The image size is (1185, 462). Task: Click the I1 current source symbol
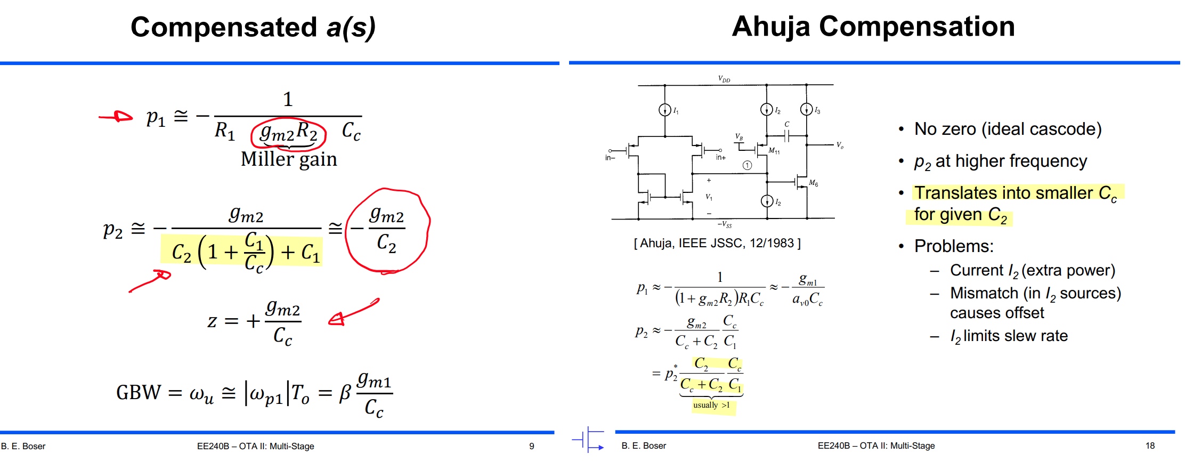coord(664,110)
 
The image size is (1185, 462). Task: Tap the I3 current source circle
coord(806,109)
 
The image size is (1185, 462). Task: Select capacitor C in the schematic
coord(787,135)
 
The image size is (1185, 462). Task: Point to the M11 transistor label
coord(774,151)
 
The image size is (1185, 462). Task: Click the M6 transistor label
coord(813,183)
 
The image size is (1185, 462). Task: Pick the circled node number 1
coord(748,165)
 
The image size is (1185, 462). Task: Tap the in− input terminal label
coord(610,158)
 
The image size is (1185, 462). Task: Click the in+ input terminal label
coord(720,157)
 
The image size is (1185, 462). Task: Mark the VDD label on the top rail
coord(724,79)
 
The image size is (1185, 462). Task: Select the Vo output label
coord(840,145)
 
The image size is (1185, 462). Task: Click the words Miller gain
coord(289,159)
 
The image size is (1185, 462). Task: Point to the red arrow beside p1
coord(116,117)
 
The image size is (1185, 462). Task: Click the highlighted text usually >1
coord(711,405)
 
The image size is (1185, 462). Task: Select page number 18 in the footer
coord(1150,445)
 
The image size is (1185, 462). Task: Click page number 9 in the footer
coord(531,446)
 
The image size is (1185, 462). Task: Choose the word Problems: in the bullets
coord(954,246)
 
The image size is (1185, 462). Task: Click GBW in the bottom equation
coord(139,393)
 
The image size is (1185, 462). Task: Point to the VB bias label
coord(739,137)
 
